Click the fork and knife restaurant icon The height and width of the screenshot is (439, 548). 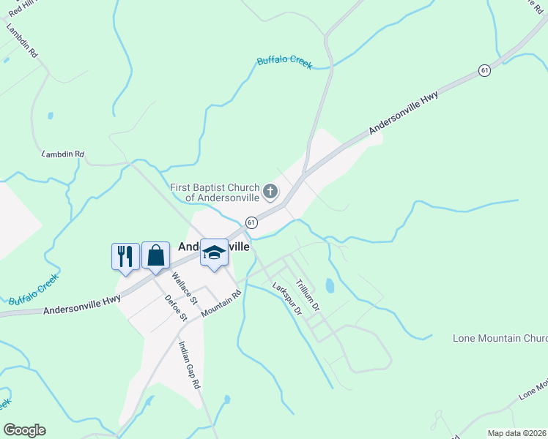tap(125, 256)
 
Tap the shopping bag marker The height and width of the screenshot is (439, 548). tap(155, 255)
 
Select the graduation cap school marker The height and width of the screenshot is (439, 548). tap(214, 252)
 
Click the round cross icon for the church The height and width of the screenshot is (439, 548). tap(270, 192)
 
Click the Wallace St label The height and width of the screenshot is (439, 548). tap(184, 288)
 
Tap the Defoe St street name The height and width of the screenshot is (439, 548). tap(177, 307)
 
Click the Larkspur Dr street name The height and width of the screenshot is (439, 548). tap(286, 298)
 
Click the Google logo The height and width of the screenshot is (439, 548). tap(24, 430)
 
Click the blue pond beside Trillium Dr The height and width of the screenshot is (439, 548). tap(329, 285)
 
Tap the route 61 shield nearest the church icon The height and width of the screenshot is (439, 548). tap(251, 222)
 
